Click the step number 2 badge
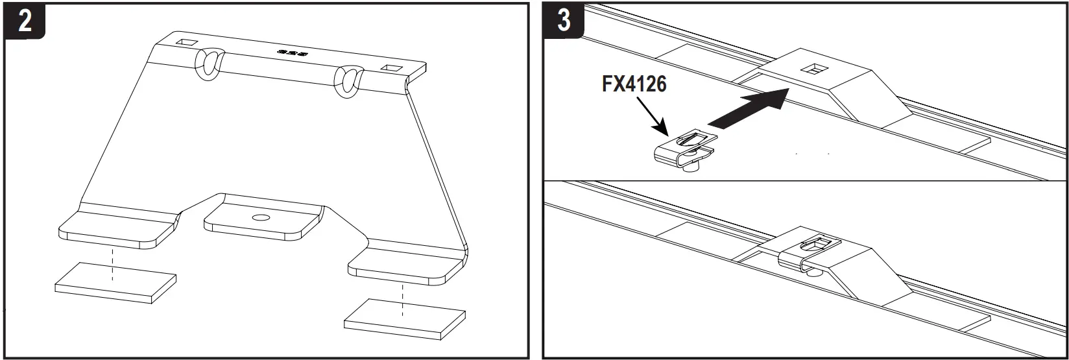tap(24, 21)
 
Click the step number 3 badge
tap(564, 19)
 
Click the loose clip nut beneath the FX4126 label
tap(684, 149)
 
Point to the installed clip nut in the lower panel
tap(808, 254)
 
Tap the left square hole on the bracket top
tap(187, 43)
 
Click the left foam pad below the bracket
tap(115, 283)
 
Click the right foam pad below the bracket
tap(405, 319)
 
